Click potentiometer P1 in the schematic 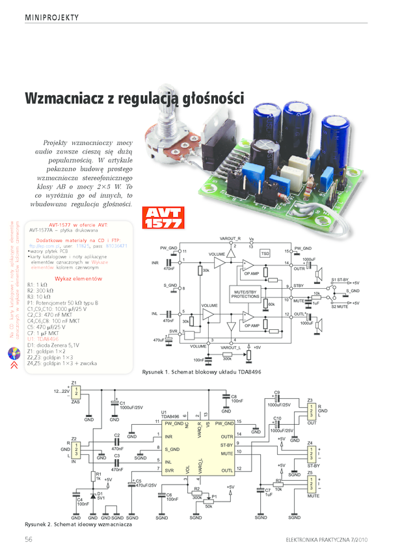209,498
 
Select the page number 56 29,539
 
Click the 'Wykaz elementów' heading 79,278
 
